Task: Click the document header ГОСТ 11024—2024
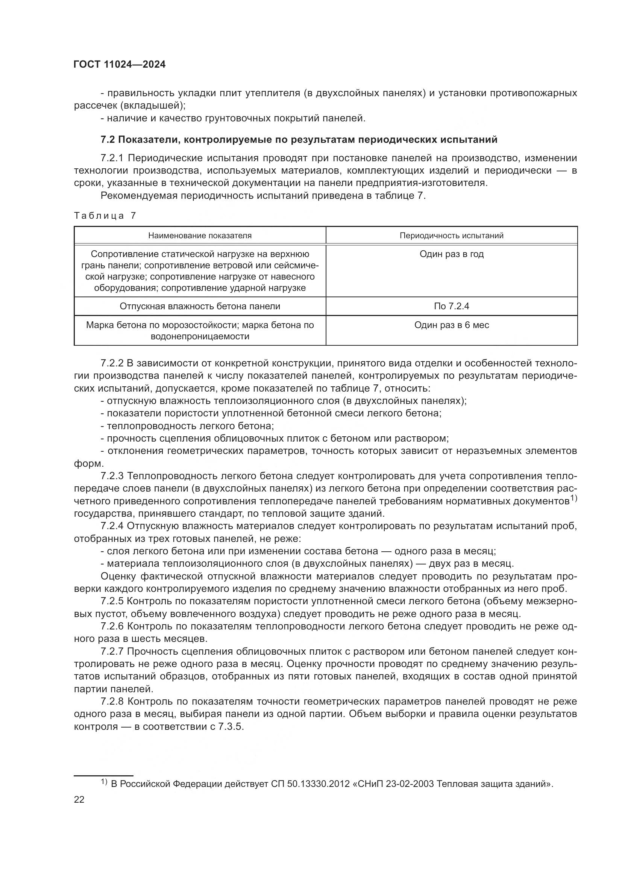(120, 64)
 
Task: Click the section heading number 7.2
(108, 140)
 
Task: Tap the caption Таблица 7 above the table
(105, 216)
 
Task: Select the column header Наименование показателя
(200, 236)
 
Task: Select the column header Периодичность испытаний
(452, 236)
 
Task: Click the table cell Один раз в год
(452, 254)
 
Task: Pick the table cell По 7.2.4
(452, 306)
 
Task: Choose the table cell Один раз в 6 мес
(452, 325)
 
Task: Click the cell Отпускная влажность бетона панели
(200, 306)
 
